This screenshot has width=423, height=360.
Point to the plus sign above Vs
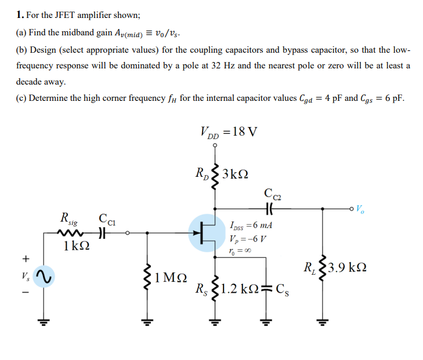pyautogui.click(x=25, y=258)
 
